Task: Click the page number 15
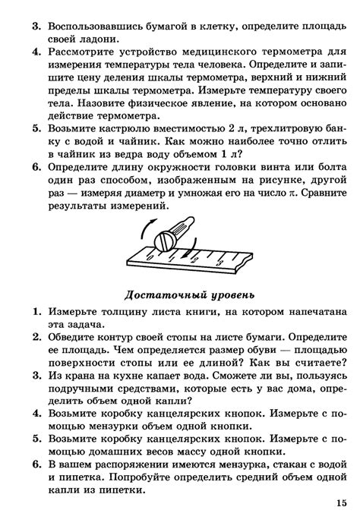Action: pyautogui.click(x=338, y=503)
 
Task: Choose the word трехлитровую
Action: pyautogui.click(x=274, y=130)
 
